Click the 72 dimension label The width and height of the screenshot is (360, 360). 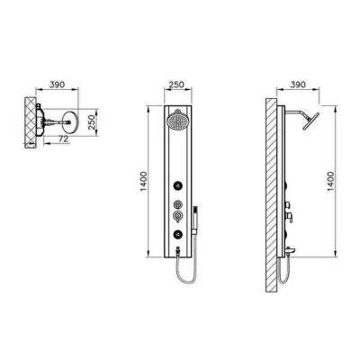coord(63,139)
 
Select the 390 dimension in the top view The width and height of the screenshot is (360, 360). coord(57,85)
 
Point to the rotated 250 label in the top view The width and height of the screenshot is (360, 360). coord(93,122)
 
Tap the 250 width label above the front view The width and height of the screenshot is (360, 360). coord(176,85)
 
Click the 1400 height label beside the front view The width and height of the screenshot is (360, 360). coord(144,182)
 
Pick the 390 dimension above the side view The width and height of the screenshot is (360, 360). coord(298,85)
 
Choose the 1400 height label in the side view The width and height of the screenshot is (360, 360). coord(330,182)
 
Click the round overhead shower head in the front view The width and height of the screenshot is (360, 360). coord(176,121)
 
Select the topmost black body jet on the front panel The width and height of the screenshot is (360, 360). coord(178,186)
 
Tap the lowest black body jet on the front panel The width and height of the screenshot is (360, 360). coord(178,233)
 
